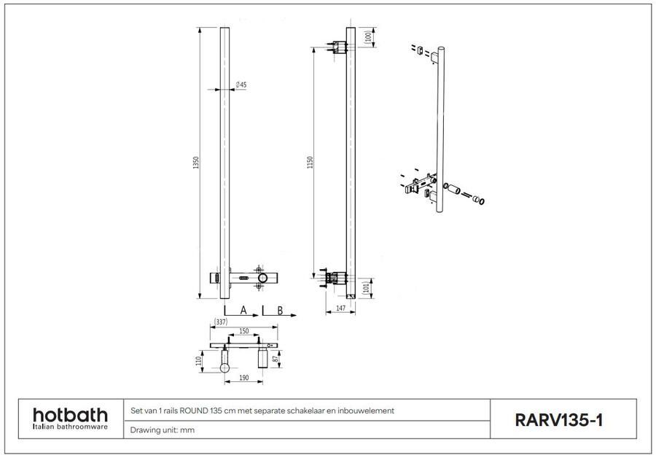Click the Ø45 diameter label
[241, 85]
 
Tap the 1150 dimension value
[311, 162]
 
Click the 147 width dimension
[340, 309]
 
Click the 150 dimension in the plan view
[243, 330]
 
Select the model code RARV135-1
[558, 420]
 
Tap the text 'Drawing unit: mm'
[162, 430]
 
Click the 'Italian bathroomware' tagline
[70, 427]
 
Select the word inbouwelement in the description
[370, 411]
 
